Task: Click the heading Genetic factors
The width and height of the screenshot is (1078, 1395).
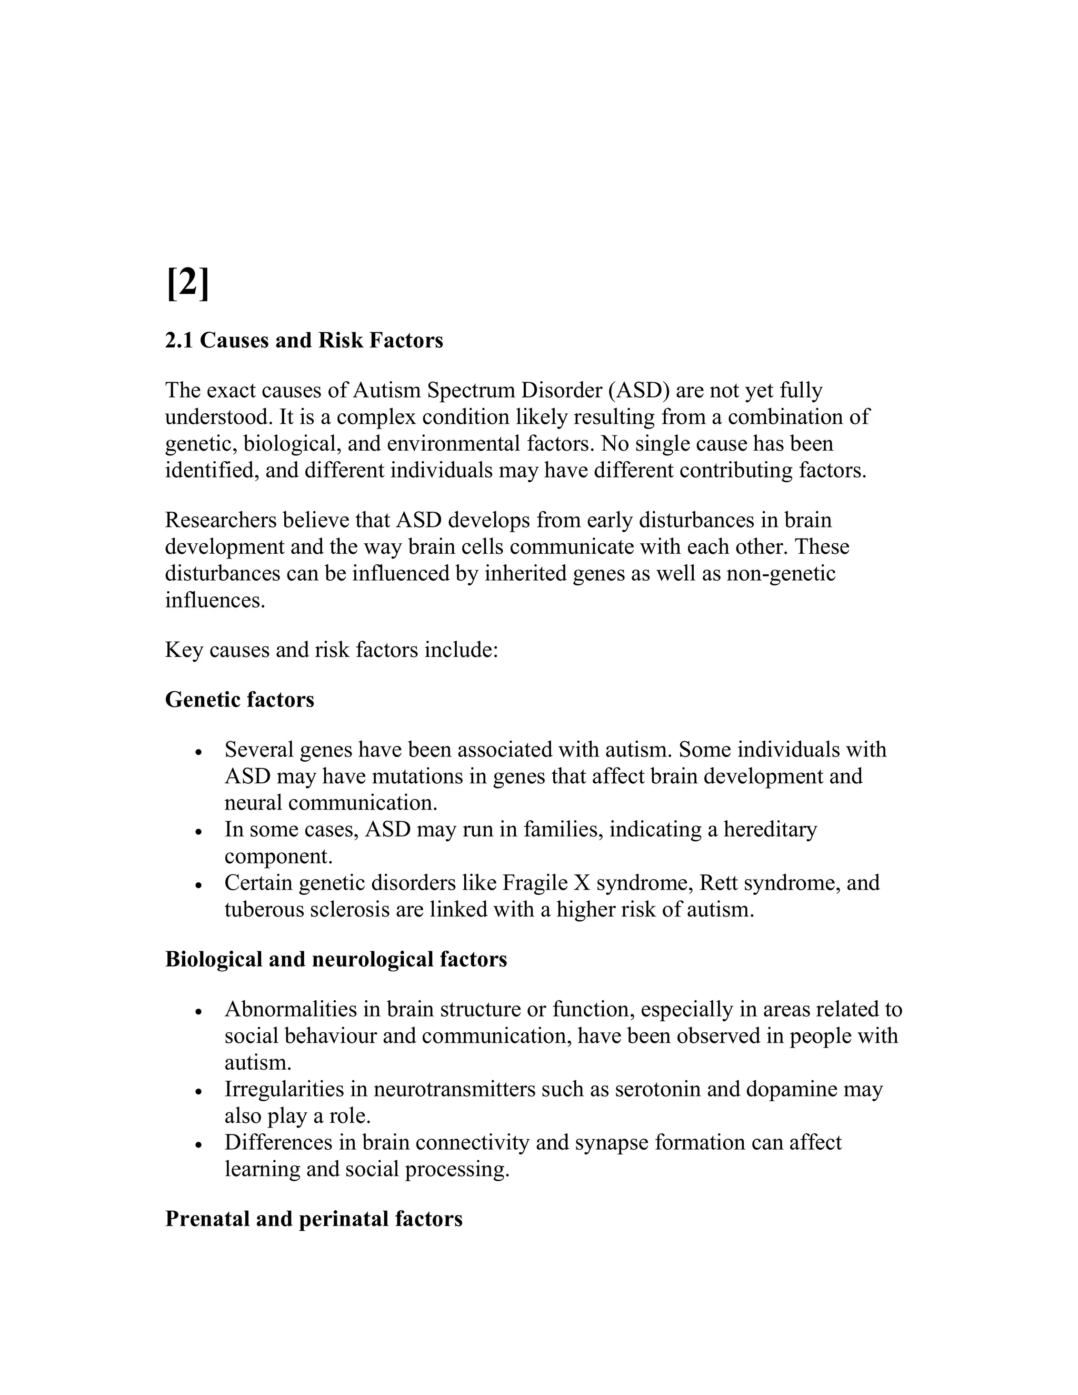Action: pos(239,700)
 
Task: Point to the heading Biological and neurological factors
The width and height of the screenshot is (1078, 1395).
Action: pos(336,959)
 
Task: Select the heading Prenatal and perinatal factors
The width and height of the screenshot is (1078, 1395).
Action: pos(314,1219)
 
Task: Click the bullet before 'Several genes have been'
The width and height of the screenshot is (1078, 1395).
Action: pos(199,752)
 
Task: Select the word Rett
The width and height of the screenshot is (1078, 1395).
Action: pos(718,883)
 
